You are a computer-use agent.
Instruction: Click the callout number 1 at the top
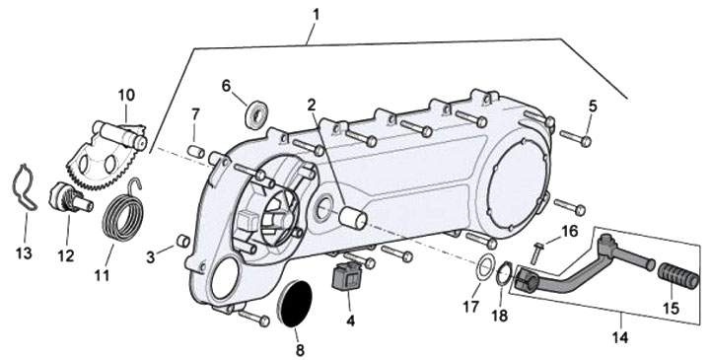pos(316,15)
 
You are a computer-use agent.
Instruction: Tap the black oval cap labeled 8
pos(294,303)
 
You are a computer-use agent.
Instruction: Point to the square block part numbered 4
pos(345,275)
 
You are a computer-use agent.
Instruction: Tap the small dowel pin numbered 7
pos(196,152)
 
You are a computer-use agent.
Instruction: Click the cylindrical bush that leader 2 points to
pos(353,217)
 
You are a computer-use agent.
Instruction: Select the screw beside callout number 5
pos(575,138)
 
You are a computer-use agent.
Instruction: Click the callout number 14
pos(620,337)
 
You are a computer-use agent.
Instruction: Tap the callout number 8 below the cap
pos(300,350)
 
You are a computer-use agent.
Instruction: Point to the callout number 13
pos(24,253)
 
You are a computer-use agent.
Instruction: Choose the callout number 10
pos(127,95)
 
